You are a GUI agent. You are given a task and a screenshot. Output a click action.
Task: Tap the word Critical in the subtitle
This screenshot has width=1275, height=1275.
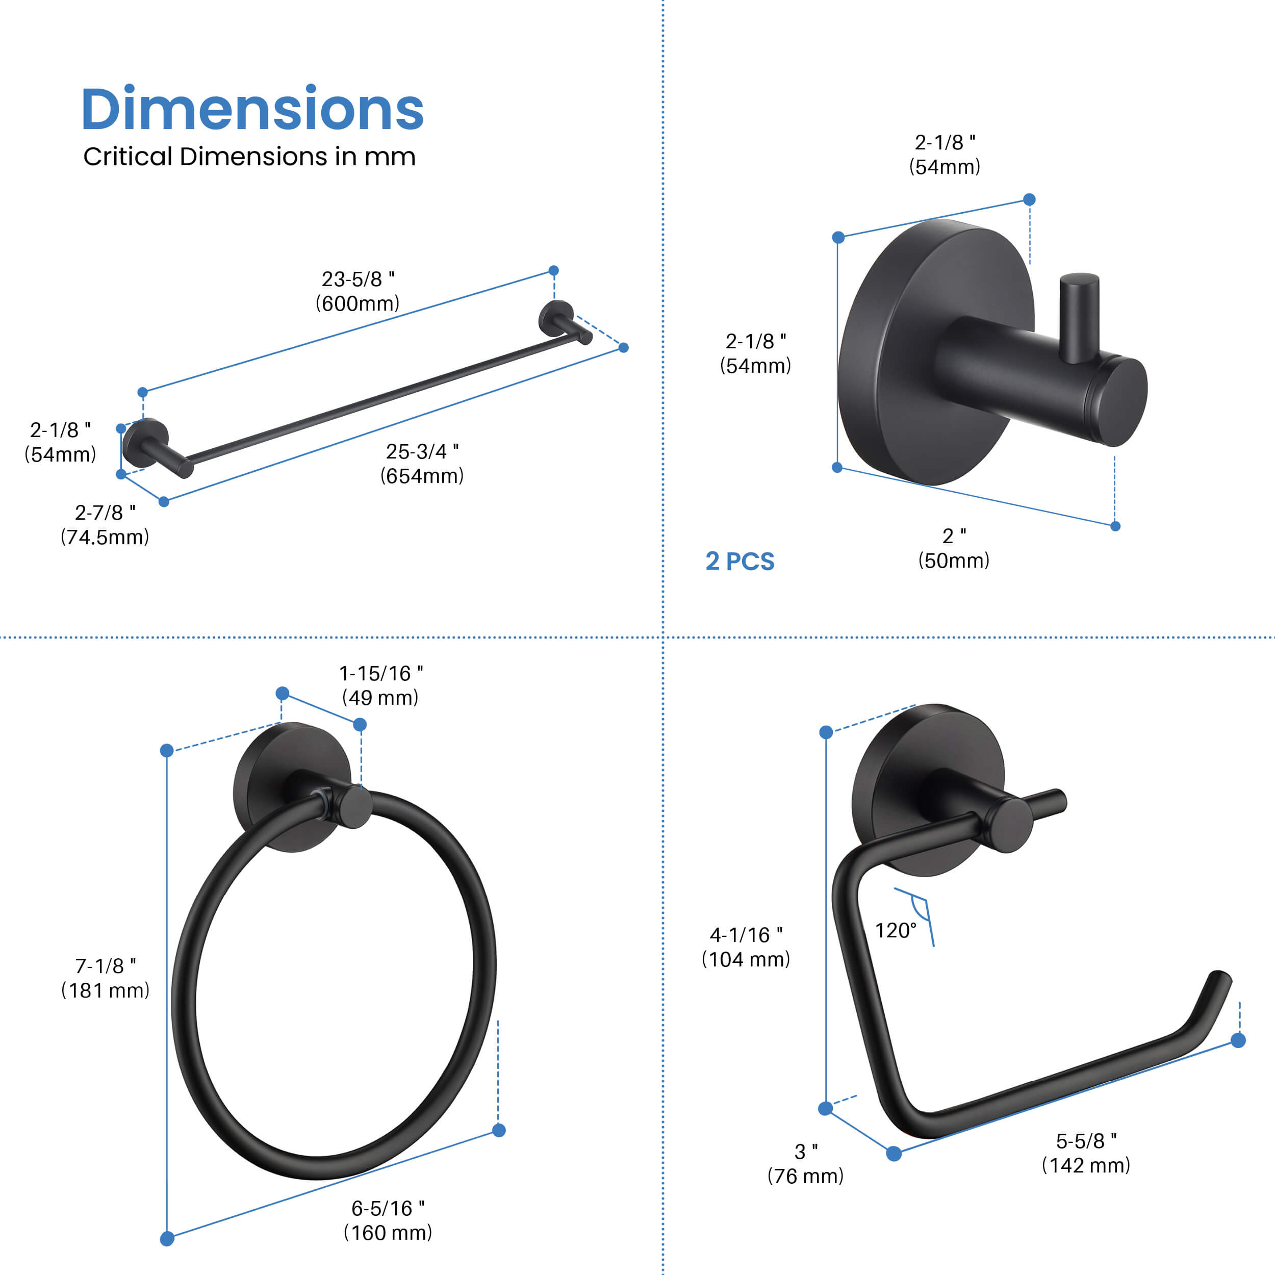click(x=127, y=157)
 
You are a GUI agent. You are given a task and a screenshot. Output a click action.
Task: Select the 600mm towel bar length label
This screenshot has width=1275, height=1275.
click(x=358, y=303)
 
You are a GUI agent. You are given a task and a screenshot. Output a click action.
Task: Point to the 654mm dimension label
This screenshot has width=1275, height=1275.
click(x=422, y=476)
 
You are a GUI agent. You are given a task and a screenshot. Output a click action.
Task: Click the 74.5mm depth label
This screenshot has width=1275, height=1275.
click(x=105, y=537)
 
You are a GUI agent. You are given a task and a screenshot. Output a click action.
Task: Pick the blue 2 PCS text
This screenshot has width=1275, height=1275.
click(x=740, y=562)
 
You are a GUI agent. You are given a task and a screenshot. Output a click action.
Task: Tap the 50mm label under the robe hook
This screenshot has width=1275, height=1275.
click(x=954, y=561)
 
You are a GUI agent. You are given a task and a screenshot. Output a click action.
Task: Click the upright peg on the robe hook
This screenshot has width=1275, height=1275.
click(x=1079, y=317)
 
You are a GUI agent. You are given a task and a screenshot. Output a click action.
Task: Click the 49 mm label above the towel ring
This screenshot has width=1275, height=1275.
click(x=380, y=698)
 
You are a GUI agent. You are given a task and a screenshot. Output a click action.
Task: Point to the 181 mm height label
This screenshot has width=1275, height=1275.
click(x=106, y=990)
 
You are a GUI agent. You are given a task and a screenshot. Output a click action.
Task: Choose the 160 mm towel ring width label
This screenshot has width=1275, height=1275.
click(x=388, y=1233)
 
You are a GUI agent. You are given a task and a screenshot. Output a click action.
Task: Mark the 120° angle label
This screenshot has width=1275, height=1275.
click(x=896, y=931)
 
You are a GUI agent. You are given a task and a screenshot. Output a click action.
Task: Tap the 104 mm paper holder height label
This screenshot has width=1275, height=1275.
click(x=746, y=959)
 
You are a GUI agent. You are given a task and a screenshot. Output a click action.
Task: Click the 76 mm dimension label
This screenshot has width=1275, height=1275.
click(x=805, y=1176)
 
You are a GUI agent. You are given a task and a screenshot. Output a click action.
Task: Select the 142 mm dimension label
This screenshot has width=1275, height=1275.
click(x=1086, y=1165)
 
